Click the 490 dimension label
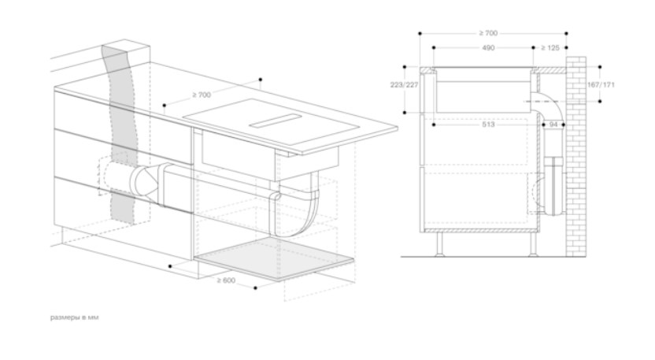pos(488,48)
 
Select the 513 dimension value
pos(488,124)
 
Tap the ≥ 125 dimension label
pos(550,48)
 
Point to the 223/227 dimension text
pos(404,85)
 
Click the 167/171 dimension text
pos(601,85)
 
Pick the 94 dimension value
pos(553,124)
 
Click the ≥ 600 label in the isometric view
pos(226,280)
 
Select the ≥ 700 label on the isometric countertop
pos(202,95)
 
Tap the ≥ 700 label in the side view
pos(488,33)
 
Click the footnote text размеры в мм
pos(75,317)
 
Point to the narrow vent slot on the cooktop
pos(276,121)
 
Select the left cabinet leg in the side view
pos(439,243)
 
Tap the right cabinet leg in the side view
pos(533,243)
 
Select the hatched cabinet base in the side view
pos(480,230)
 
